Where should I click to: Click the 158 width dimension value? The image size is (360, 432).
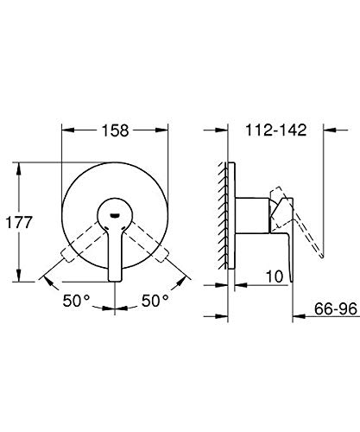tap(115, 130)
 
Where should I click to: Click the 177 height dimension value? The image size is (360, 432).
tap(19, 222)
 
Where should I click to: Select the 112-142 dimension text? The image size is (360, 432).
tap(275, 130)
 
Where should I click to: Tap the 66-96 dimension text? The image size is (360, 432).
tap(336, 308)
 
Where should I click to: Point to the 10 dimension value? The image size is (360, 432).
tap(275, 277)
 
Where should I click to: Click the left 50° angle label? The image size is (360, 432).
tap(76, 301)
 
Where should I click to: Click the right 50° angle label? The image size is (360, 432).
tap(155, 301)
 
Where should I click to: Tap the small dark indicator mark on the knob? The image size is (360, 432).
tap(115, 215)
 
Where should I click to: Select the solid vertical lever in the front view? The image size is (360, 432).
tap(115, 253)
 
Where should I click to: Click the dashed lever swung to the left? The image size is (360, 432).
tap(85, 242)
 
